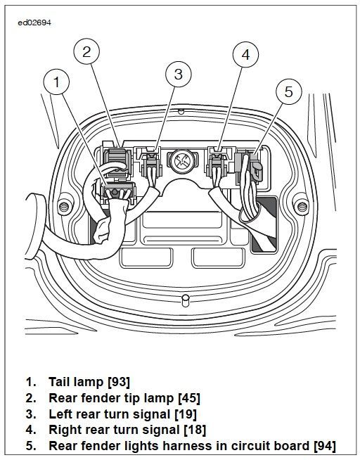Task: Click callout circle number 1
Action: coord(56,82)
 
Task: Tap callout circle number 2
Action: coord(86,51)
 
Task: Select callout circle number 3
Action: coord(178,74)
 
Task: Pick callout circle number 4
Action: coord(245,55)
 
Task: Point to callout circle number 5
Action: coord(288,91)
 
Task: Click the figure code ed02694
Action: coord(34,23)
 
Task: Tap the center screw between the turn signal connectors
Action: coord(182,161)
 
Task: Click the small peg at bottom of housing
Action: coord(186,301)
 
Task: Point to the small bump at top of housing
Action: coord(181,111)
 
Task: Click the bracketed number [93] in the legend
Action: coord(118,382)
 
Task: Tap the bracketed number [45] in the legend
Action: coord(189,398)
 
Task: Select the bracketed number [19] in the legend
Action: coord(186,414)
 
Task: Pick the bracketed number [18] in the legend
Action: coord(195,430)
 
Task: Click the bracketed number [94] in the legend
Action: coord(325,446)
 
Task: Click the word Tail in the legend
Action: coord(60,382)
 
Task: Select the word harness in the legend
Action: coord(192,446)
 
